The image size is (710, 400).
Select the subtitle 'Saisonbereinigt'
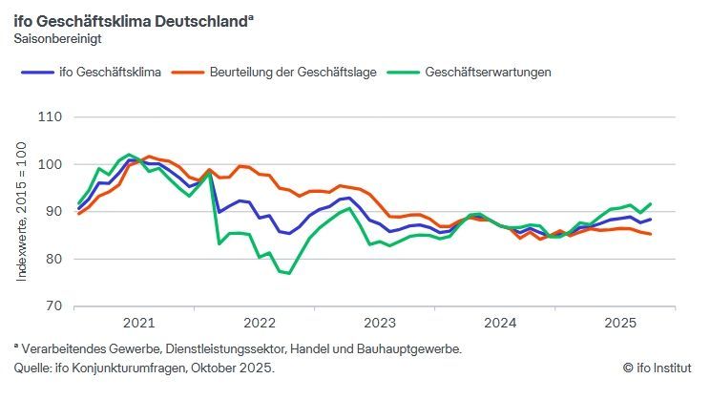[57, 39]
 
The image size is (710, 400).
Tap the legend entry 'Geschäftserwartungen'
[488, 72]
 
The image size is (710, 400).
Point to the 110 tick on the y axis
[50, 117]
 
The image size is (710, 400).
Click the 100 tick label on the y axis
[50, 164]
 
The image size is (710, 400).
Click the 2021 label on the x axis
[139, 323]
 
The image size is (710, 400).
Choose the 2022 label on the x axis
[260, 323]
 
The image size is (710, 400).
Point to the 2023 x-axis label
[380, 323]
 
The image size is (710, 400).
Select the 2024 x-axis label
[500, 323]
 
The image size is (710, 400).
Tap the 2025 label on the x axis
[620, 323]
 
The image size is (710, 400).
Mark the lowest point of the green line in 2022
[288, 274]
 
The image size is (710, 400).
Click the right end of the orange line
[651, 234]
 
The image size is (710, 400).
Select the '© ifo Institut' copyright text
[657, 368]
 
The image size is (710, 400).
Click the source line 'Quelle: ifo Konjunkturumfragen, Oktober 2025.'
[144, 368]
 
